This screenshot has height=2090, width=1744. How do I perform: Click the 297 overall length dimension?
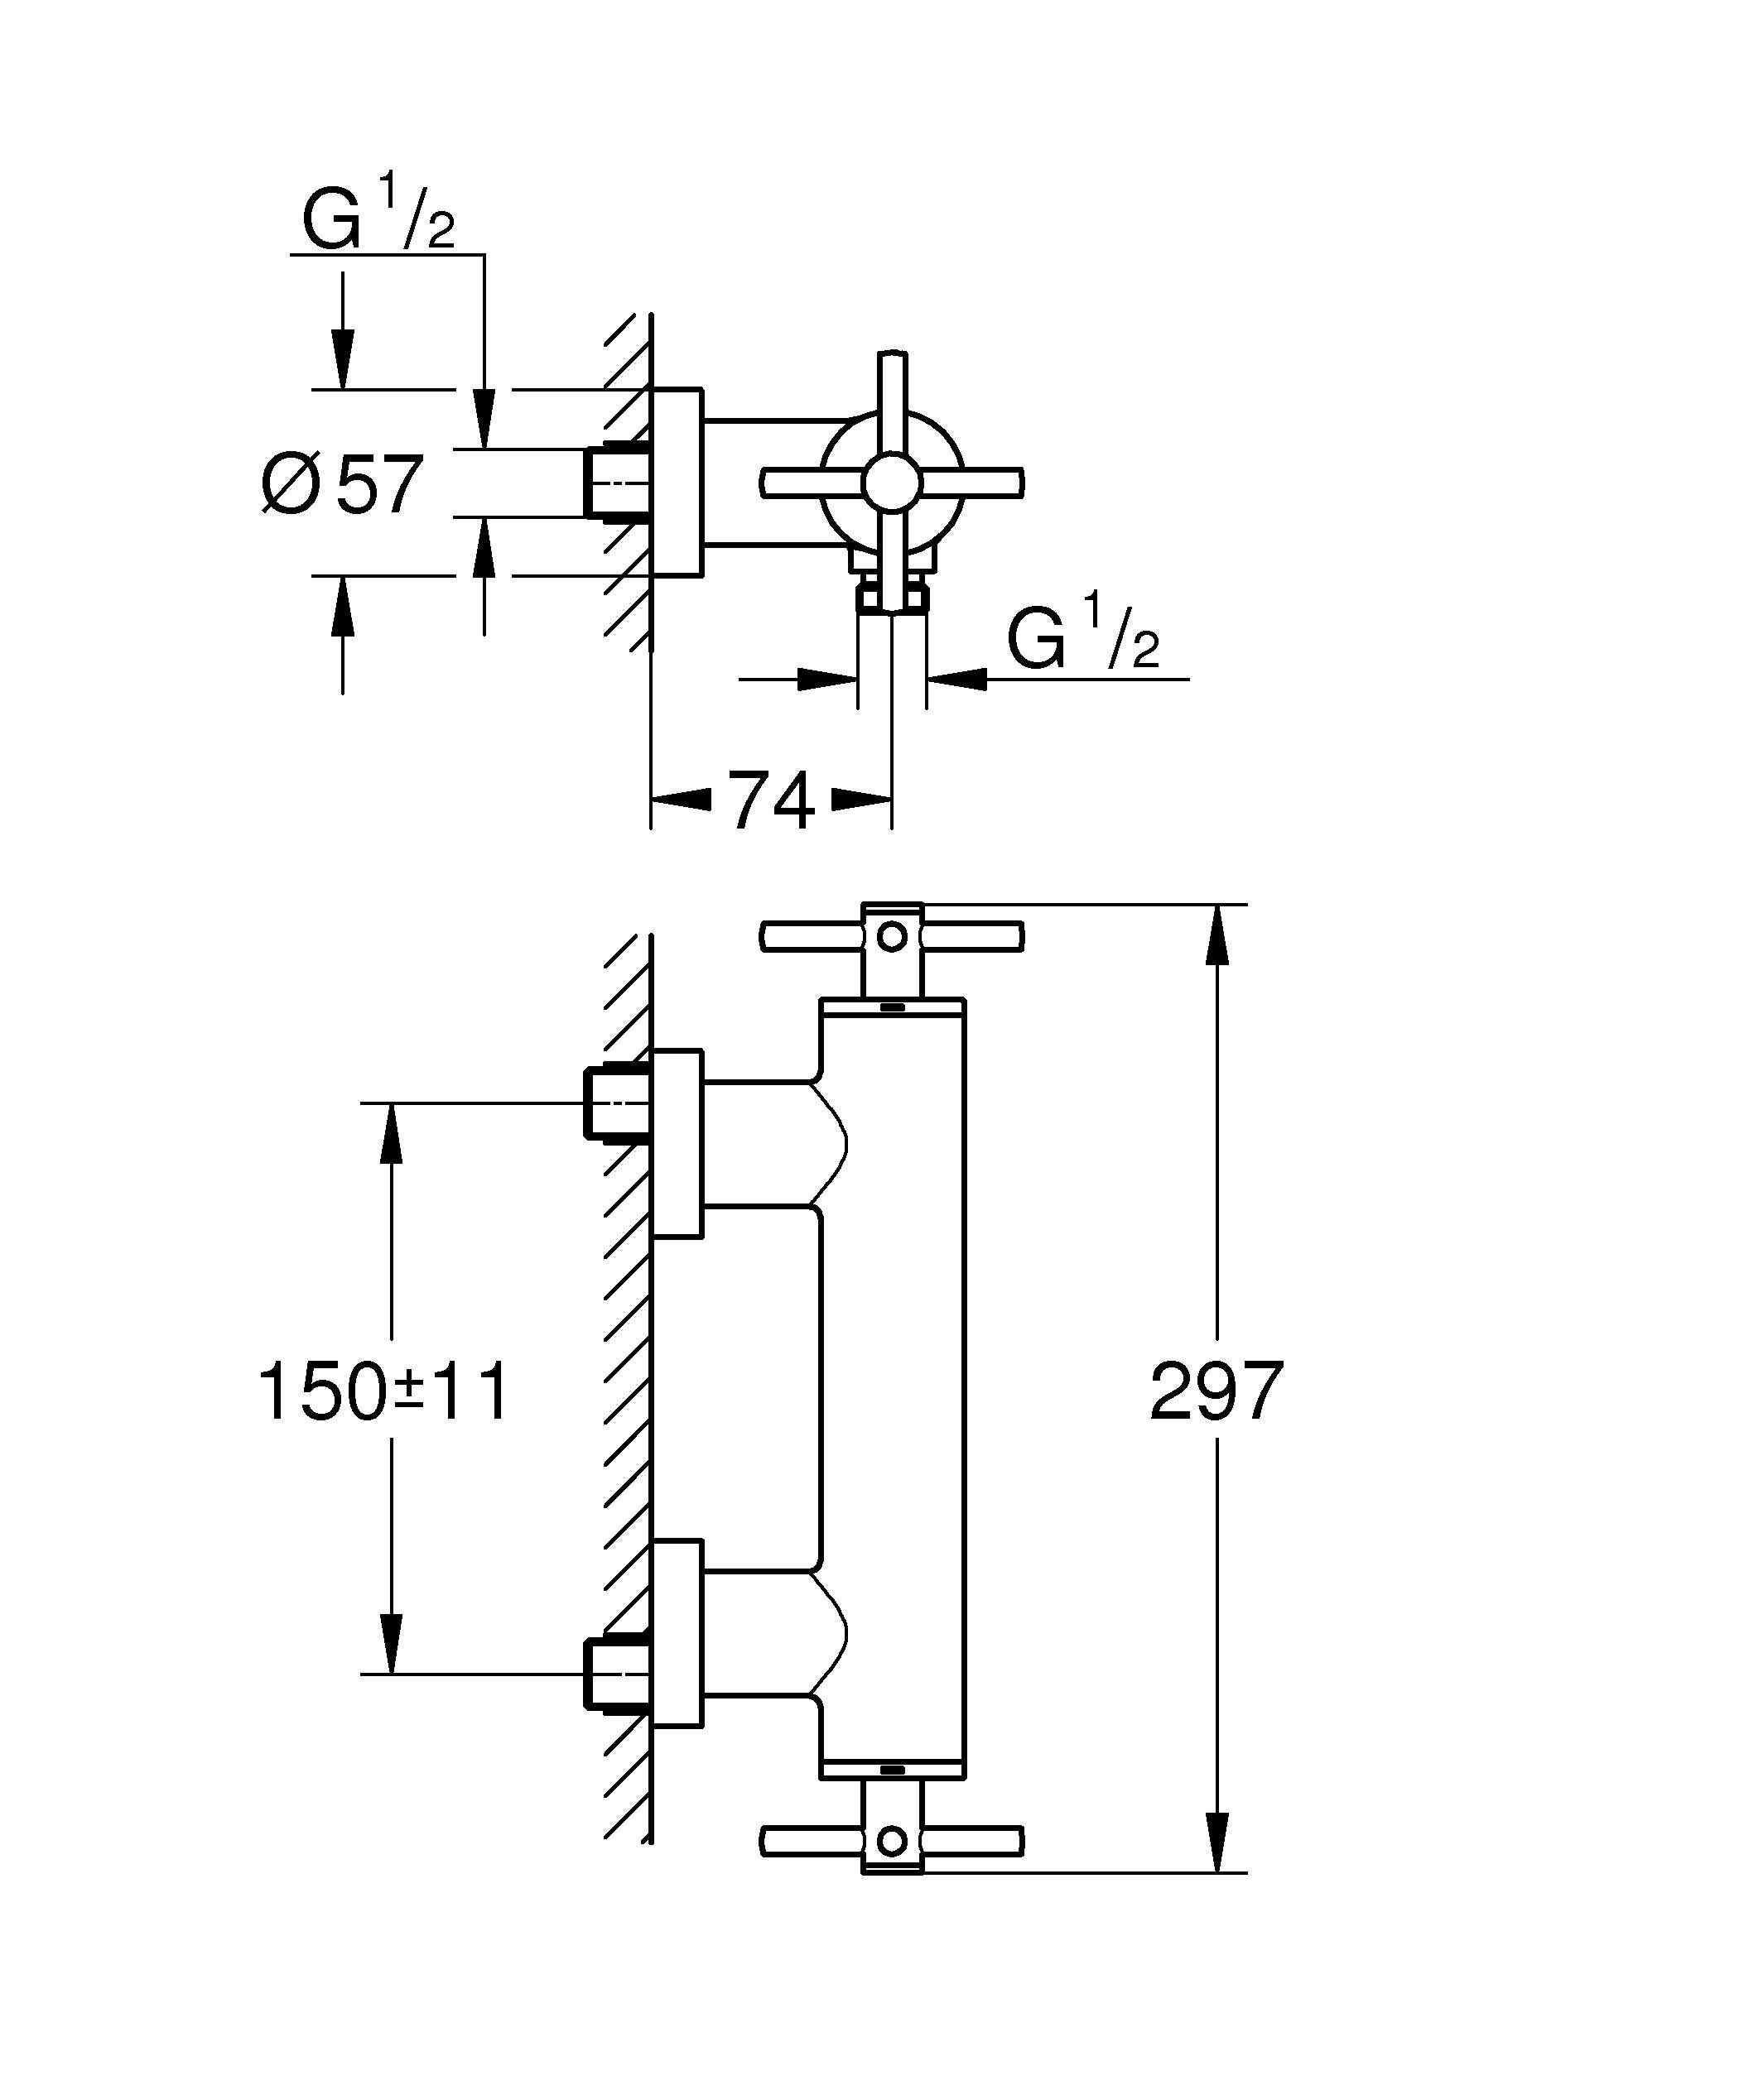click(1216, 1391)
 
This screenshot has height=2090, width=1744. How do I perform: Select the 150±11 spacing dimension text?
click(383, 1391)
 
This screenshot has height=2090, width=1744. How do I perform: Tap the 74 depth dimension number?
click(772, 800)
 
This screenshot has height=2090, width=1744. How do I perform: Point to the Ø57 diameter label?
click(344, 485)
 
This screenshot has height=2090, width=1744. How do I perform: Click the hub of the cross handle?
click(892, 483)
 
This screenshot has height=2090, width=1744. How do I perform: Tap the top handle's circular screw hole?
click(892, 936)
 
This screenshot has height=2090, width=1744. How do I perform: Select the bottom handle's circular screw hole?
click(892, 1840)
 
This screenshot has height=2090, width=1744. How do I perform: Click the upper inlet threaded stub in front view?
click(616, 1103)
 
